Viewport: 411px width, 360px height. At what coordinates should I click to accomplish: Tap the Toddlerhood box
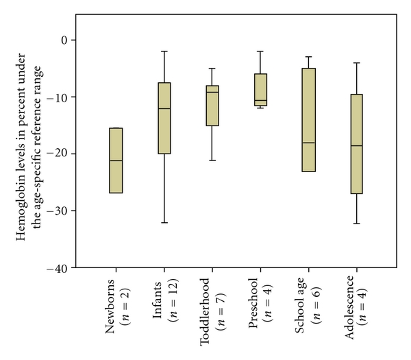tap(212, 106)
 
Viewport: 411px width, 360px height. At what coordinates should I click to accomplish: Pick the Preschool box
tap(260, 90)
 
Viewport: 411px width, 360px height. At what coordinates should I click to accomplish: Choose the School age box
tap(309, 119)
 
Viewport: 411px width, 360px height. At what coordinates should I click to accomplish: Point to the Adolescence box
tap(357, 144)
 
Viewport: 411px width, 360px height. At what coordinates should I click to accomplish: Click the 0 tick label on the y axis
tap(66, 40)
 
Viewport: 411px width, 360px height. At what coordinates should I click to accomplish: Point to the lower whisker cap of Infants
tap(164, 222)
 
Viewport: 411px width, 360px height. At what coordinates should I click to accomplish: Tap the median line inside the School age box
tap(309, 143)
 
